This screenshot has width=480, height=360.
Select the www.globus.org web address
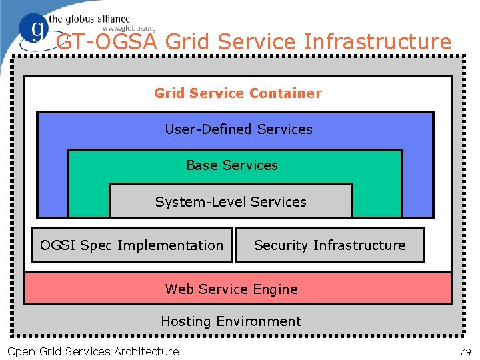tap(129, 29)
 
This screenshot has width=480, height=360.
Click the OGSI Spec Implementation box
tap(132, 245)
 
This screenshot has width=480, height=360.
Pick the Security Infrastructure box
tap(329, 245)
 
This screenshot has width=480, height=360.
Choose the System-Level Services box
tap(231, 201)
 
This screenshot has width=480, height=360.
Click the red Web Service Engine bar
tap(237, 289)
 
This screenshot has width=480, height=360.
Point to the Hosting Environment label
tap(231, 321)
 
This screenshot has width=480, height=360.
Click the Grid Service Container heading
tap(237, 93)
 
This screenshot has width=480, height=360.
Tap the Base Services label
tap(232, 165)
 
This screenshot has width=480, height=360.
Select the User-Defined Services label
tap(239, 129)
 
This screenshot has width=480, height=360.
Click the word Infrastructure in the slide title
tap(377, 42)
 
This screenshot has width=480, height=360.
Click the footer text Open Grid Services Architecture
tap(93, 351)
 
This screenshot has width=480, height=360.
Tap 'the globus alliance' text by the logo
tap(89, 19)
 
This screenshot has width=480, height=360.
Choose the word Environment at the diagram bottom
tap(258, 321)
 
